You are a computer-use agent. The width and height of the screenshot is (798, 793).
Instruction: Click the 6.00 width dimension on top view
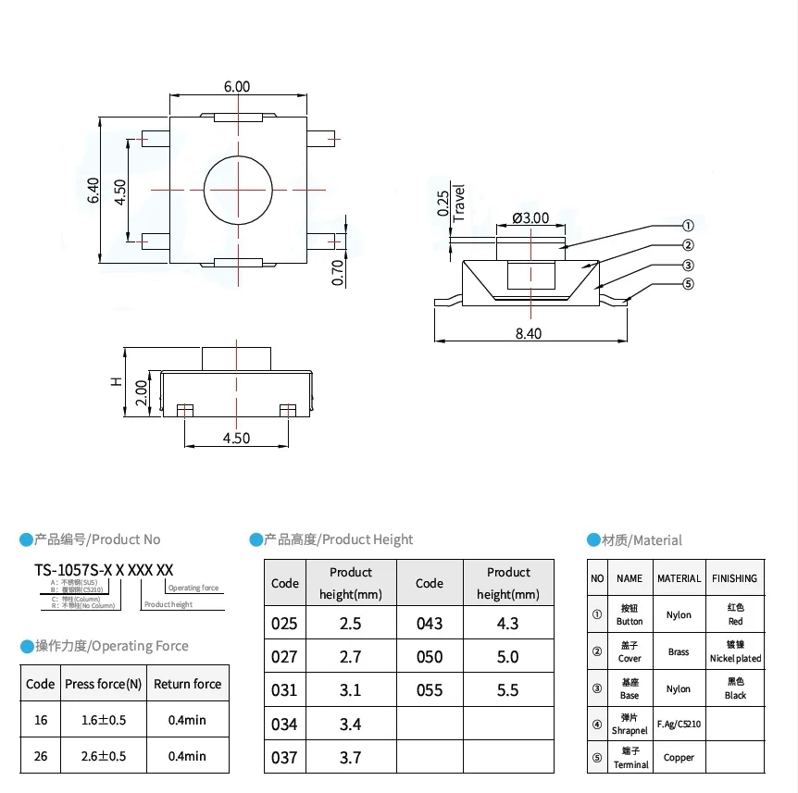237,86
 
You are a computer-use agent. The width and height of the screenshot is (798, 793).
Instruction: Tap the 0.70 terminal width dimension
338,272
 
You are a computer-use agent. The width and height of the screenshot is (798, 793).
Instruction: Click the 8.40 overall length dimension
529,333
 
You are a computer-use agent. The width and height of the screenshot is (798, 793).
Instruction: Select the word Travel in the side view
458,202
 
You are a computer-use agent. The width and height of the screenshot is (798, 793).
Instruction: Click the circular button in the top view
238,189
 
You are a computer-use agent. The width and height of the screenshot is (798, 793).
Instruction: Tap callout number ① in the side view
688,226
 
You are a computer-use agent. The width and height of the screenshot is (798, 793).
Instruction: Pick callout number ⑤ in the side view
688,284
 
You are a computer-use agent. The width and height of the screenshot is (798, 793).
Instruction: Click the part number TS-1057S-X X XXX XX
104,570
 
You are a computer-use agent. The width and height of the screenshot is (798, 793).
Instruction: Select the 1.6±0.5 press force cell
104,719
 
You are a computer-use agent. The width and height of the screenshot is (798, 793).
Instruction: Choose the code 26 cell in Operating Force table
41,756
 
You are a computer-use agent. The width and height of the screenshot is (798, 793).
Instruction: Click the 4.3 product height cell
508,624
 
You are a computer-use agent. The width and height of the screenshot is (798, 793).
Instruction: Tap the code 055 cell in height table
430,690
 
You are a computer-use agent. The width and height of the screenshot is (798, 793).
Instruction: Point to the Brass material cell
679,651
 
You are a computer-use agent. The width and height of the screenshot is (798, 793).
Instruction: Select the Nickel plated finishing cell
735,651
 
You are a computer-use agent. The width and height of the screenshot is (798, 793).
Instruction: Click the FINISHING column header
735,578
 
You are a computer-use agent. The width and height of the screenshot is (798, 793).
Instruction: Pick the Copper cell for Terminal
679,758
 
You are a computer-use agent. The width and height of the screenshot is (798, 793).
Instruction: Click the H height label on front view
116,381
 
